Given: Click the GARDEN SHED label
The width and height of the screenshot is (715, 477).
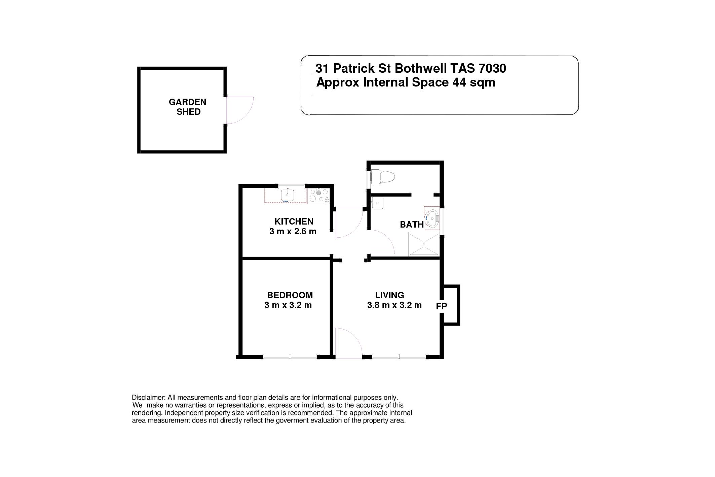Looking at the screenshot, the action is click(187, 107).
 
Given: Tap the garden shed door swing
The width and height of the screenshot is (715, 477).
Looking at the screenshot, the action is click(239, 110).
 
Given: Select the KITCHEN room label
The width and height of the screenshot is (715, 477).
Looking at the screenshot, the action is click(294, 221).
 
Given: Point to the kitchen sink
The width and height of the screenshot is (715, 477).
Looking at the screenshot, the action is click(287, 195).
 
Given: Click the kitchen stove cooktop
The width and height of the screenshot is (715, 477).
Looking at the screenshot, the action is click(318, 196).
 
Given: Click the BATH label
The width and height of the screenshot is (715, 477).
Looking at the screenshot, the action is click(412, 225).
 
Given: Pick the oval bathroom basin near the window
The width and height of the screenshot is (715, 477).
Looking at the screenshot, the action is click(431, 218).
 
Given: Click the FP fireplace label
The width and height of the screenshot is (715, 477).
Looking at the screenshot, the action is click(442, 306).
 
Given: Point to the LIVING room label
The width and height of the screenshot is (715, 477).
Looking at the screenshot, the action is click(389, 295).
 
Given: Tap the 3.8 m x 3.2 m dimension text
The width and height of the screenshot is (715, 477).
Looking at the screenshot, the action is click(394, 305).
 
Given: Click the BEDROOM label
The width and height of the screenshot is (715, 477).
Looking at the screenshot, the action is click(290, 295).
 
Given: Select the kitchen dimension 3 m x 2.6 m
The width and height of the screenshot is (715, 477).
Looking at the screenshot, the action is click(293, 232).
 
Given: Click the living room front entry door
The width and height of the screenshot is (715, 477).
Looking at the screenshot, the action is click(348, 343).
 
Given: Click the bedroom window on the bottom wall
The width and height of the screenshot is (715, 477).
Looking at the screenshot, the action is click(290, 356).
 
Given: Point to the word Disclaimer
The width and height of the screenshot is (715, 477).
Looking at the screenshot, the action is click(148, 398).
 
